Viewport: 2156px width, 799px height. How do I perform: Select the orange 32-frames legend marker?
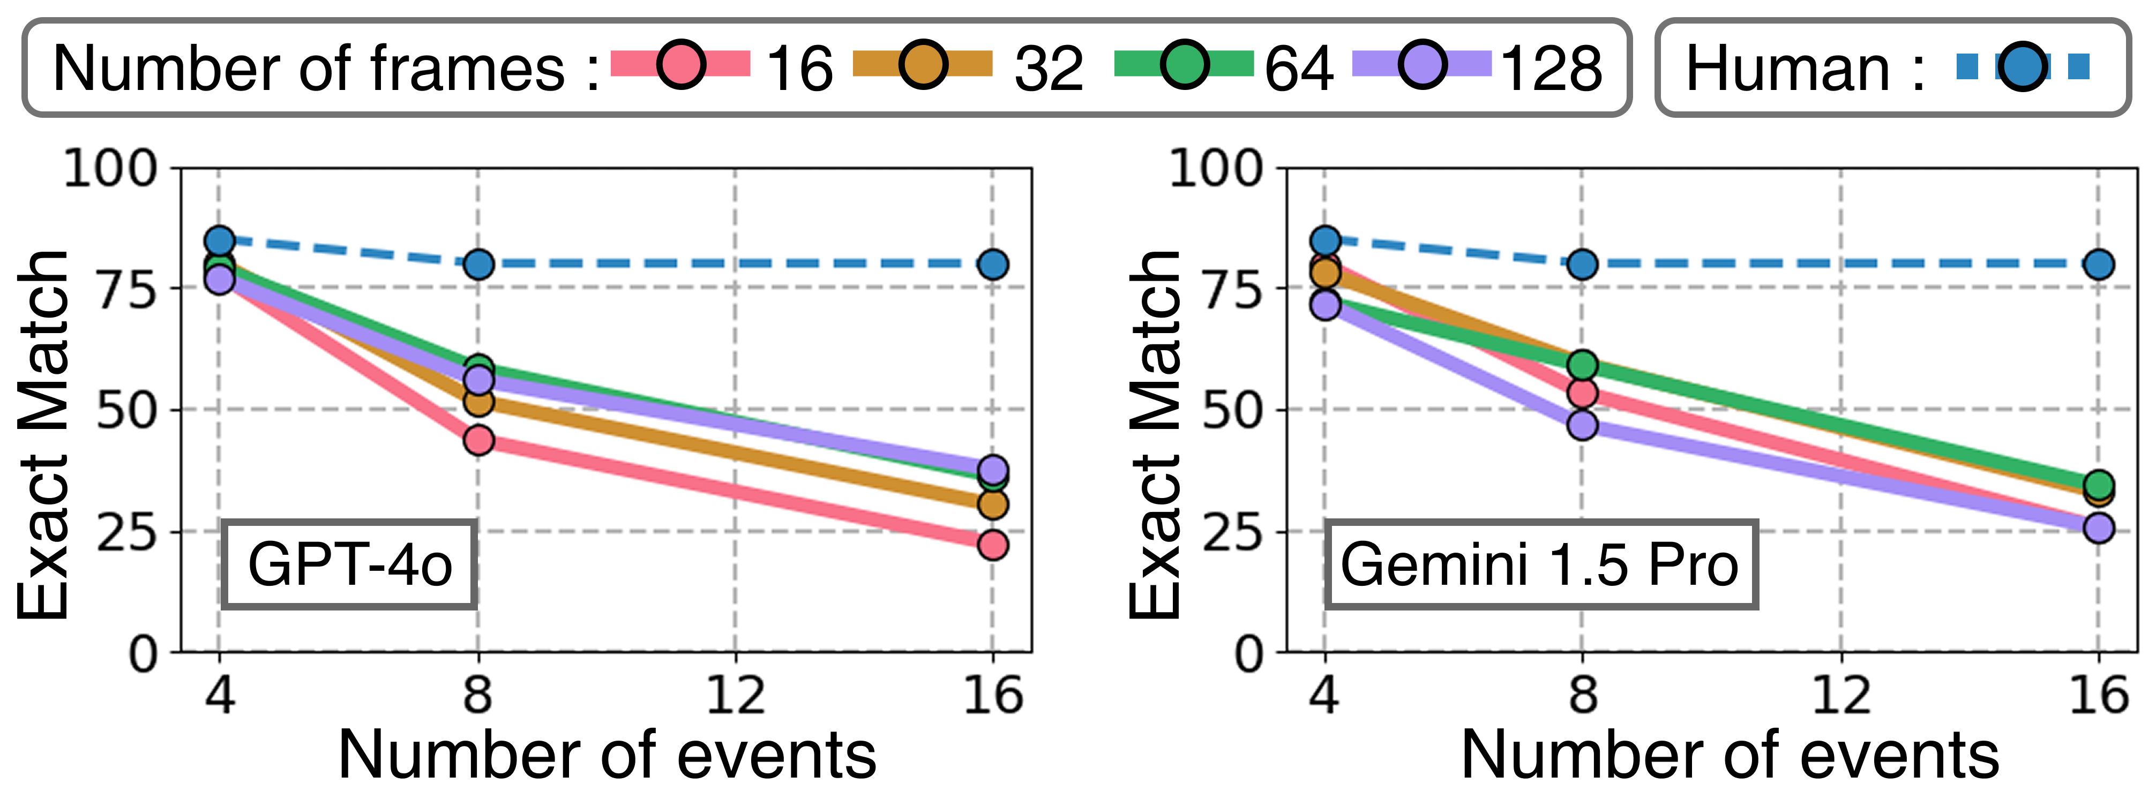pos(923,64)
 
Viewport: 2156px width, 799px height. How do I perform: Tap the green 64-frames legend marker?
pos(1184,64)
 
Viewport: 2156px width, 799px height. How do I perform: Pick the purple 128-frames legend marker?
pos(1423,64)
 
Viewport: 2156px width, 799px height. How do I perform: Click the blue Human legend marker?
pos(2023,66)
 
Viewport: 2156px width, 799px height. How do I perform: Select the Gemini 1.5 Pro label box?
pos(1540,564)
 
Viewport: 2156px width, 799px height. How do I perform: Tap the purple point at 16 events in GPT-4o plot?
pos(993,469)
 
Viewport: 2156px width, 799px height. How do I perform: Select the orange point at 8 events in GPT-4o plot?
pos(478,402)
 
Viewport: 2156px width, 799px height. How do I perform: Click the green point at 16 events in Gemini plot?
pos(2098,484)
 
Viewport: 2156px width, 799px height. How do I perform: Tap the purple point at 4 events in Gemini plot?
pos(1324,305)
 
